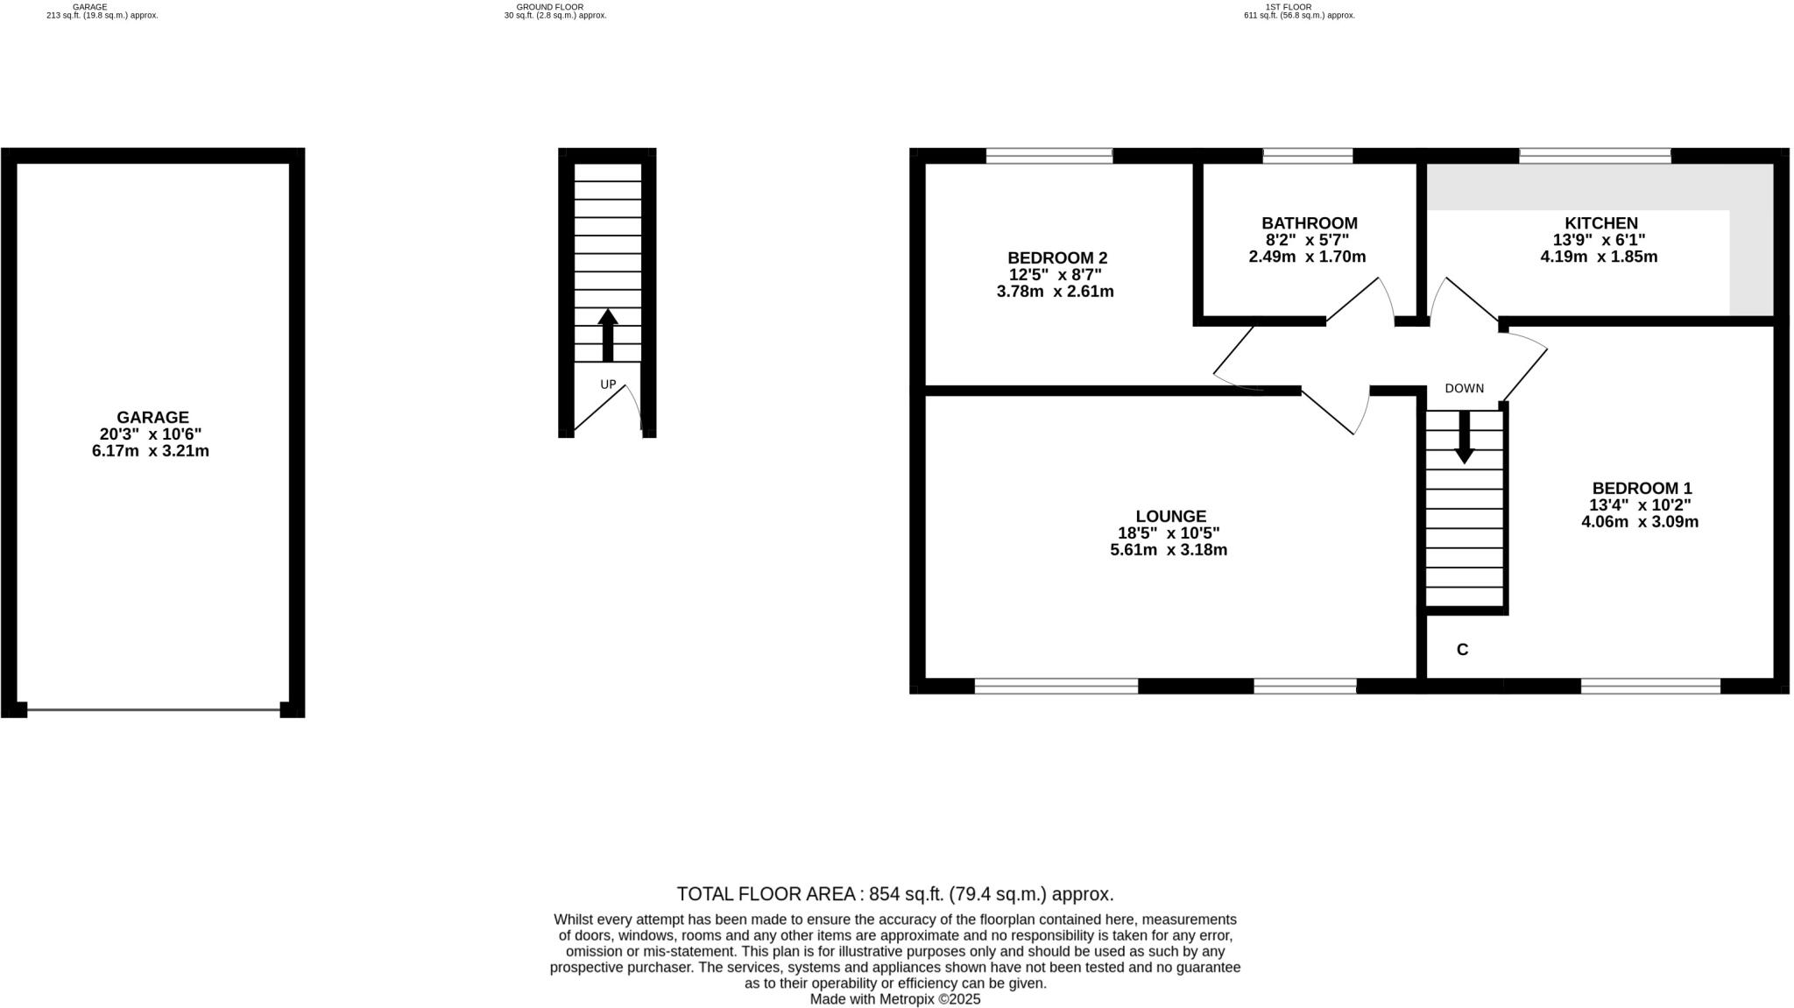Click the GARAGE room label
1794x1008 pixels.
(152, 418)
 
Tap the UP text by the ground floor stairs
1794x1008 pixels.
(608, 384)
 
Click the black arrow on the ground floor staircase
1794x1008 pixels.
(608, 335)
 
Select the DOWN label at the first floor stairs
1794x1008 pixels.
(1464, 388)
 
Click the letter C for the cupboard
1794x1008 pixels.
(1462, 650)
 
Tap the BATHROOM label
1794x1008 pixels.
(1309, 223)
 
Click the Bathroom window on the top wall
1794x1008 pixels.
(1307, 157)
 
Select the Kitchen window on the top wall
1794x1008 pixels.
(1594, 157)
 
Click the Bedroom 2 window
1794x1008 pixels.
(1049, 157)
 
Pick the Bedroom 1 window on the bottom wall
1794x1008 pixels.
(1650, 686)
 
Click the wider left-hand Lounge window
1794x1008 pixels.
(1056, 686)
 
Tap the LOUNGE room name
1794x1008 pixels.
(1170, 517)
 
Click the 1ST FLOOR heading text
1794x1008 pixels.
(1288, 7)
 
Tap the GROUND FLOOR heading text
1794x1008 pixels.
(549, 7)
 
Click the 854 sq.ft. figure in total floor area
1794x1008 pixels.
(905, 894)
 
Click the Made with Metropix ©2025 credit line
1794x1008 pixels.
(894, 999)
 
